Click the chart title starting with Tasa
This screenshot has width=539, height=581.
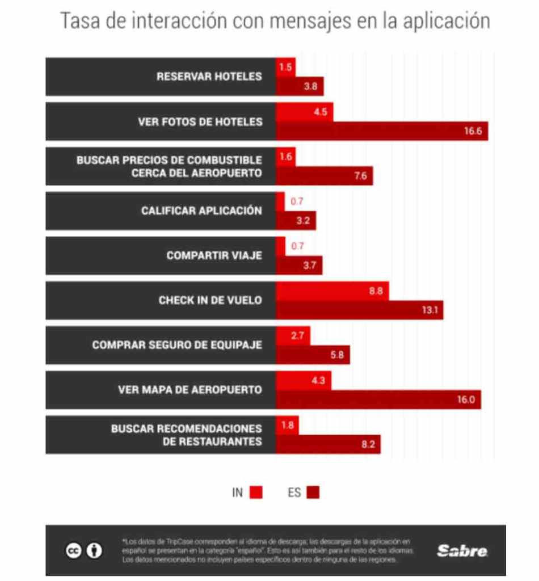pos(275,21)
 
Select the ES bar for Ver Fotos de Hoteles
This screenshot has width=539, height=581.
pos(381,131)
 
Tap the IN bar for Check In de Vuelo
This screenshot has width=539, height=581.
pos(332,290)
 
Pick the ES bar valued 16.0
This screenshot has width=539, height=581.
pos(378,399)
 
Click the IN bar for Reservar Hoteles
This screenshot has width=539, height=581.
pos(285,67)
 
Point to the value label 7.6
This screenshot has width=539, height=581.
pos(360,176)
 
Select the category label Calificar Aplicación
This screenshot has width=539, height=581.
pos(201,210)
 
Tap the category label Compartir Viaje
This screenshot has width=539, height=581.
pos(214,255)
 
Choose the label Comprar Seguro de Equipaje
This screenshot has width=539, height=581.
pos(177,345)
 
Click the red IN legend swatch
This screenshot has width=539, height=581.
pos(255,492)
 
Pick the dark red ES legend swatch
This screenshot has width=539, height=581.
pos(313,492)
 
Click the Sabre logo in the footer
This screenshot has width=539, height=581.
pos(462,550)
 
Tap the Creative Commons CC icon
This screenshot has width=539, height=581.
pos(73,550)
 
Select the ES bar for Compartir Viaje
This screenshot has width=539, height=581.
pos(298,266)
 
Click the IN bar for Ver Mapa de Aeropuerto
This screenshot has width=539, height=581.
pos(303,380)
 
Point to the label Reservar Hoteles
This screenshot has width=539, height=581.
pos(209,76)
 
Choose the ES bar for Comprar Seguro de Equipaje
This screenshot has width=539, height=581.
pos(313,355)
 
